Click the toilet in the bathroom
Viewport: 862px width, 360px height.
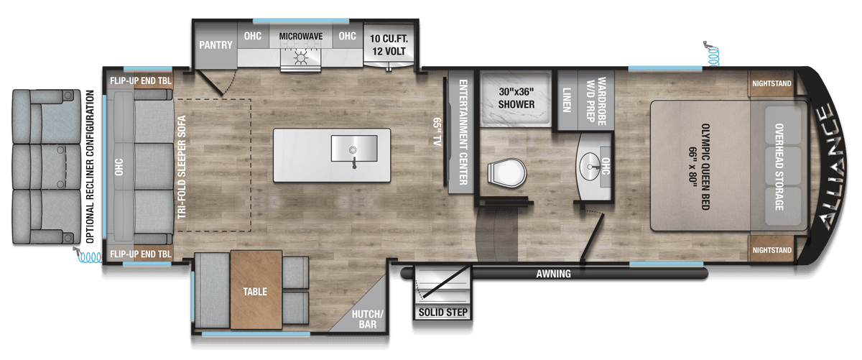[506, 172]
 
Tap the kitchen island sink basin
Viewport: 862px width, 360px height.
[353, 149]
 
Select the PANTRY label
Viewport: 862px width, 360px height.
[215, 45]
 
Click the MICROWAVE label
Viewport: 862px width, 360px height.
[300, 36]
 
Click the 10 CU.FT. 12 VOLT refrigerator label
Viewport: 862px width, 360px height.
[389, 45]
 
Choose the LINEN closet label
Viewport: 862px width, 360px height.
[567, 100]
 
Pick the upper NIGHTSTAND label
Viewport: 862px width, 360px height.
[772, 83]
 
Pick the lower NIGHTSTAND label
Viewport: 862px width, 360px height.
[772, 250]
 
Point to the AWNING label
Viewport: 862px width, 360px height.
[553, 274]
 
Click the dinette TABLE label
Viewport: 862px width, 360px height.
[255, 292]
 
